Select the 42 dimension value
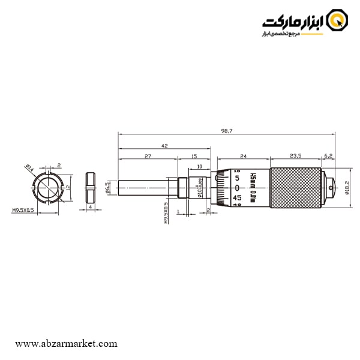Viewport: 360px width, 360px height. pyautogui.click(x=164, y=145)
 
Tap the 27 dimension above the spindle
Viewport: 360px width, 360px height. pyautogui.click(x=148, y=156)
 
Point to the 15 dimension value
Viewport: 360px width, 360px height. pyautogui.click(x=194, y=156)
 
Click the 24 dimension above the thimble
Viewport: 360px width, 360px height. pyautogui.click(x=243, y=156)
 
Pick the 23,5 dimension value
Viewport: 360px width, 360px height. pyautogui.click(x=295, y=156)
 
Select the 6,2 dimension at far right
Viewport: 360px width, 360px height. pyautogui.click(x=328, y=156)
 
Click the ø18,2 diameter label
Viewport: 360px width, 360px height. pyautogui.click(x=348, y=188)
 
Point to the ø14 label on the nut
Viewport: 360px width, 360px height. pyautogui.click(x=29, y=168)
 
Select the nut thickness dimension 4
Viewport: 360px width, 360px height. pyautogui.click(x=90, y=207)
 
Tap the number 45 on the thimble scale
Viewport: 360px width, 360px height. pyautogui.click(x=237, y=197)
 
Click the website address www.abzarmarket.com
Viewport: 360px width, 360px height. pyautogui.click(x=66, y=344)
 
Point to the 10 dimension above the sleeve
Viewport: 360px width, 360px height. pyautogui.click(x=199, y=166)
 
